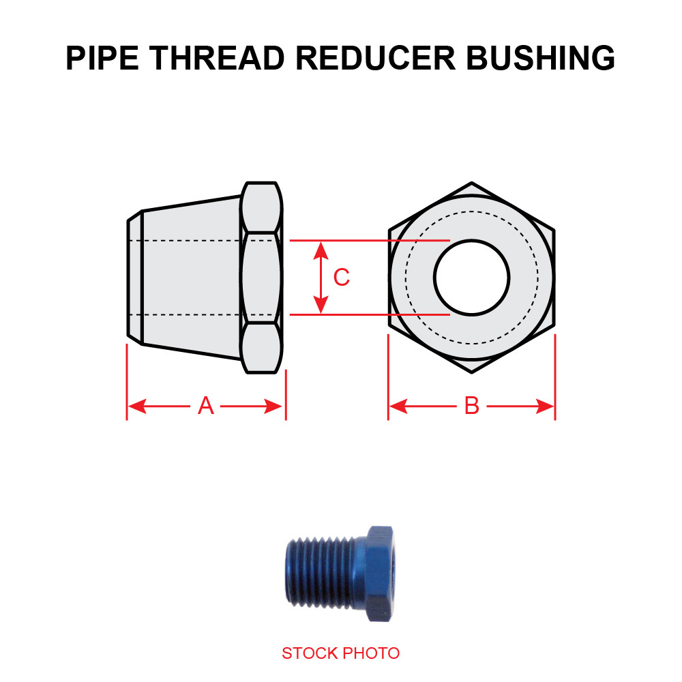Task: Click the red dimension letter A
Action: (206, 406)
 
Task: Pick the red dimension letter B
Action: (472, 406)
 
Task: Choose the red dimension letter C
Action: (341, 278)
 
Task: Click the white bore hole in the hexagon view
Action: (472, 278)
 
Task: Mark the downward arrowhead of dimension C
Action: (321, 306)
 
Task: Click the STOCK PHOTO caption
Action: (340, 653)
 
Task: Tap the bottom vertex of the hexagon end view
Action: (472, 372)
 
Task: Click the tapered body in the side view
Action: (191, 278)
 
